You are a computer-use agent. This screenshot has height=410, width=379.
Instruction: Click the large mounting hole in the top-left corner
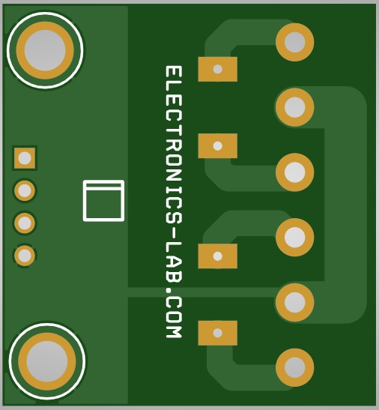tap(45, 50)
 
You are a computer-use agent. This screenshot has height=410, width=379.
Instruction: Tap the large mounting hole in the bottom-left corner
tap(47, 361)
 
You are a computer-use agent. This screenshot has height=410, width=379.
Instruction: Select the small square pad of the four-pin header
tap(25, 158)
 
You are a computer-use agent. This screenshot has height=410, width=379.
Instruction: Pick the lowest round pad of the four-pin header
tap(25, 256)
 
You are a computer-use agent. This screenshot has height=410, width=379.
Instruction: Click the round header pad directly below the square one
tap(25, 190)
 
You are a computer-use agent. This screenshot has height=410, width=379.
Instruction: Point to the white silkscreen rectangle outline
tap(103, 181)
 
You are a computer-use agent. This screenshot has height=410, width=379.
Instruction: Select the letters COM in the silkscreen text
tap(174, 317)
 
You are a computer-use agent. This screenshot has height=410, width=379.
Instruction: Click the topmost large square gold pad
tap(218, 69)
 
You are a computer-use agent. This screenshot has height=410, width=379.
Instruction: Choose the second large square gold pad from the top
tap(218, 145)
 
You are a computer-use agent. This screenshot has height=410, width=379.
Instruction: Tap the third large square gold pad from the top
tap(218, 256)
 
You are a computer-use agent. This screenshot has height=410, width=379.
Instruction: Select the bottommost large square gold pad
tap(218, 333)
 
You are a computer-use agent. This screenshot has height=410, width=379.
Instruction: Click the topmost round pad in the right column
tap(295, 42)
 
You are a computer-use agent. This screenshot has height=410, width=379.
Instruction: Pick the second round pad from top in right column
tap(295, 107)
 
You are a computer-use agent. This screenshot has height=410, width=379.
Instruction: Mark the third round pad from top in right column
tap(295, 172)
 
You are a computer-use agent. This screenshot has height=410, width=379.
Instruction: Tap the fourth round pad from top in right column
tap(295, 237)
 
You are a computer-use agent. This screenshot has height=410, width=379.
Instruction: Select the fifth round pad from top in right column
tap(295, 302)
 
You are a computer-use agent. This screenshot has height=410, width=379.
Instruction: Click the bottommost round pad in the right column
tap(295, 367)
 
